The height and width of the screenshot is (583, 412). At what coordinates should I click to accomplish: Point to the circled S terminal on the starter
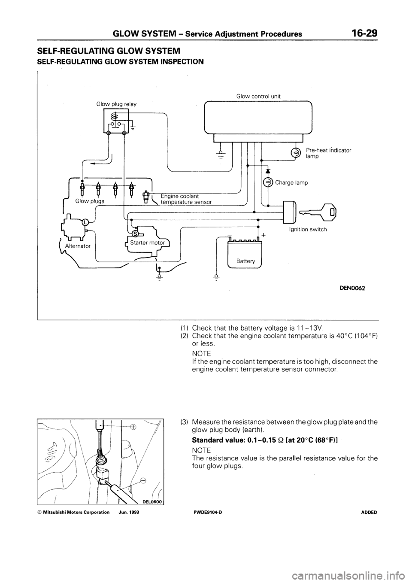135,234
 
